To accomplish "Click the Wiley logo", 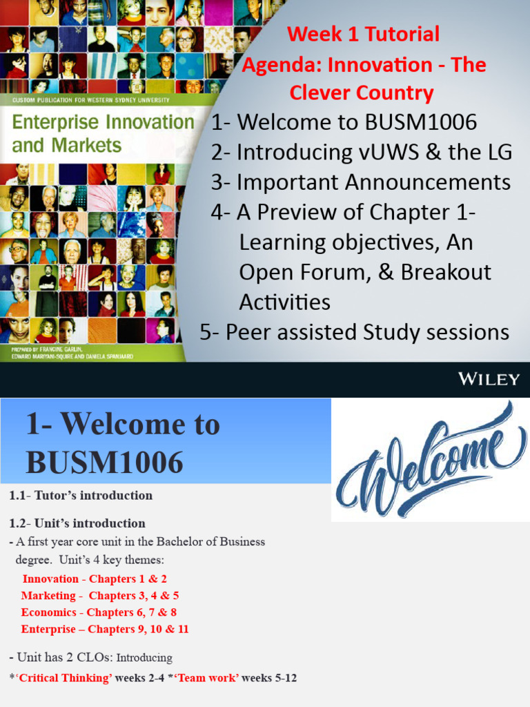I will (488, 378).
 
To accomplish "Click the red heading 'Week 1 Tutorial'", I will (363, 33).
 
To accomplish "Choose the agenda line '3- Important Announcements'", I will (361, 182).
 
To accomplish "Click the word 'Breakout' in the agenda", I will (446, 272).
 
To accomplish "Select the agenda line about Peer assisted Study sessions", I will (354, 332).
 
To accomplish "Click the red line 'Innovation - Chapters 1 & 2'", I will (95, 579).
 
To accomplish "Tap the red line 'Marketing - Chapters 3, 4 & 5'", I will (100, 596).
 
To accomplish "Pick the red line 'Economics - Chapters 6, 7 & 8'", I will (99, 612).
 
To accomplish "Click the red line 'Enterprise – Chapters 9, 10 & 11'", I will (105, 629).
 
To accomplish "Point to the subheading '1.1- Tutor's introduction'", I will (81, 495).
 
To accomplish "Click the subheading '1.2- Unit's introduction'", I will (77, 523).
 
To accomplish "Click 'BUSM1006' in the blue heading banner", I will (105, 461).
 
